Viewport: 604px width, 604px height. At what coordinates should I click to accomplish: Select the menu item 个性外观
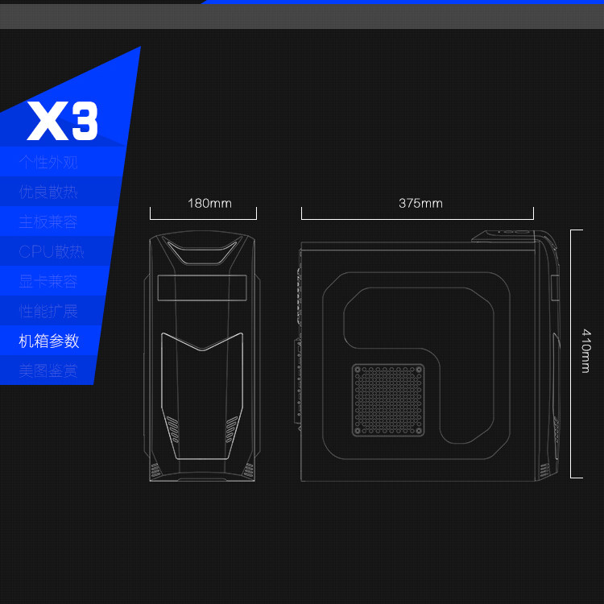click(x=48, y=162)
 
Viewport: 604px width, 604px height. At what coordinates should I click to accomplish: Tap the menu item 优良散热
click(x=48, y=192)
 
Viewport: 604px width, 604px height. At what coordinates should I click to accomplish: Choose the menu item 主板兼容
click(x=48, y=221)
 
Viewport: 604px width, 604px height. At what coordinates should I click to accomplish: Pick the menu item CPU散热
click(x=51, y=251)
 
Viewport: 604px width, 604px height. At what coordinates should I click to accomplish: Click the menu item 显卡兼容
click(x=48, y=281)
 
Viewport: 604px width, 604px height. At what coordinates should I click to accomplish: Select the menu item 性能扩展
click(x=48, y=311)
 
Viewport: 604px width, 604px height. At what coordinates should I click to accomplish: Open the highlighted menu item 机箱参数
click(x=49, y=341)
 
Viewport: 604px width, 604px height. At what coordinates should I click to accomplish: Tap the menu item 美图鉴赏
click(x=48, y=370)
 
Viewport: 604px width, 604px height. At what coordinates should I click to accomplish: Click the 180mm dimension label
click(x=209, y=203)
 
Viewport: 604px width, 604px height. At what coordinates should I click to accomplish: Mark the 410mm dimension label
click(x=585, y=350)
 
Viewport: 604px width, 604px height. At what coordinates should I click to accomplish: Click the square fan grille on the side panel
click(x=388, y=399)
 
